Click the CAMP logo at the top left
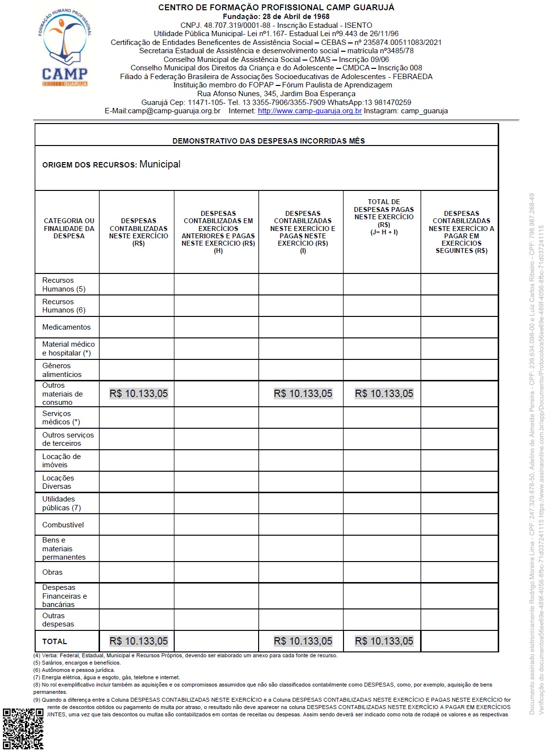coord(64,48)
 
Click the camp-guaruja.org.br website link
coord(309,111)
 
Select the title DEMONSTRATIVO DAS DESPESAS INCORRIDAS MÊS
coord(268,141)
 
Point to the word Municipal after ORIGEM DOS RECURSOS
coord(160,164)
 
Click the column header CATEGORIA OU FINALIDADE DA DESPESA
coord(69,228)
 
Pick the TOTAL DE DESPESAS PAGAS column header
coord(384,216)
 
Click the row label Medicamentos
coord(66,327)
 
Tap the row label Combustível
coord(63,525)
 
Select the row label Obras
coord(52,572)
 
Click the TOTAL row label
coord(55,641)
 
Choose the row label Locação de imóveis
coord(61,460)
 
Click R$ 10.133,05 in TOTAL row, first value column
coord(139,641)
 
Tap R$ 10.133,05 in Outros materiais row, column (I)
coord(303,394)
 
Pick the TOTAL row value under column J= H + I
coord(384,641)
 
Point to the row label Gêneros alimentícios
coord(62,370)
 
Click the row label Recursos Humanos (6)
coord(64,306)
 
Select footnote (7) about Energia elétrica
coord(106,677)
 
